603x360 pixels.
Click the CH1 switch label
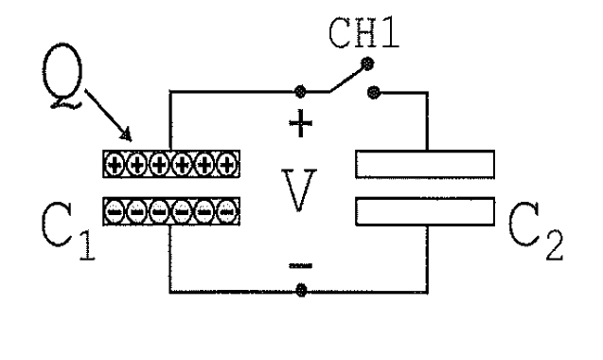click(x=364, y=33)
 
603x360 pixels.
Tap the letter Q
click(x=62, y=75)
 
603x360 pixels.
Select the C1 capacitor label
click(x=68, y=231)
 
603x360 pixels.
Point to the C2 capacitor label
click(x=536, y=231)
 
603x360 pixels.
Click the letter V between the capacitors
click(x=299, y=189)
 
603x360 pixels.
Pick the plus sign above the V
click(x=300, y=123)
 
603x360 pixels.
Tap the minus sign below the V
click(x=301, y=265)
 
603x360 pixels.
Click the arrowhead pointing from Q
click(x=126, y=135)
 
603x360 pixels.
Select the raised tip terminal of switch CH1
click(x=367, y=63)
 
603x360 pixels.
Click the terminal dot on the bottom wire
click(x=301, y=290)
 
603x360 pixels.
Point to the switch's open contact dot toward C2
click(x=373, y=93)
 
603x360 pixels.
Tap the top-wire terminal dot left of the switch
click(x=300, y=92)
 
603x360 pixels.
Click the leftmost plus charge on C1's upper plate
click(x=115, y=165)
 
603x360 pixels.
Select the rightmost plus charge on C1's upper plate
click(x=226, y=165)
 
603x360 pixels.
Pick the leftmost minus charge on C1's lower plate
click(x=115, y=211)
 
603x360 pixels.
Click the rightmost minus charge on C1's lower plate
click(x=226, y=211)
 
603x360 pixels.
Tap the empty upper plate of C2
click(x=425, y=165)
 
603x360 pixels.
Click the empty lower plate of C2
click(x=425, y=211)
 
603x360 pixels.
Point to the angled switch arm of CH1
click(x=346, y=79)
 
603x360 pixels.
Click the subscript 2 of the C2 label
click(x=555, y=245)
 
